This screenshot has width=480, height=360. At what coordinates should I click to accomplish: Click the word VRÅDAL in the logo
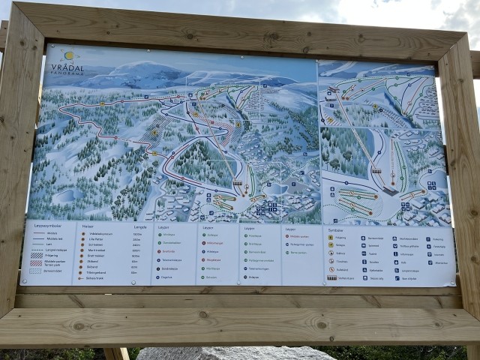click(x=67, y=66)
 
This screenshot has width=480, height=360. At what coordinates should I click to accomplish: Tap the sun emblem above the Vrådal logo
click(x=69, y=55)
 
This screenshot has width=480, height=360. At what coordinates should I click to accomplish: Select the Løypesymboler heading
click(x=46, y=226)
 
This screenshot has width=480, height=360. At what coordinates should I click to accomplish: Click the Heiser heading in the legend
click(x=88, y=226)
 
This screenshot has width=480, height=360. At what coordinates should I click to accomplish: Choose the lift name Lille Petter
click(x=96, y=239)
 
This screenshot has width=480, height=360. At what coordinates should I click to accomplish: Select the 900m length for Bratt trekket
click(x=136, y=256)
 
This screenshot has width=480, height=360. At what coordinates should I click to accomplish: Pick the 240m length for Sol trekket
click(x=136, y=244)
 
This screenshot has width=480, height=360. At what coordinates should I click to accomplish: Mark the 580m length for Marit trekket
click(x=136, y=250)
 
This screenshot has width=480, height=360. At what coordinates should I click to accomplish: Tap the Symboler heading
click(x=335, y=229)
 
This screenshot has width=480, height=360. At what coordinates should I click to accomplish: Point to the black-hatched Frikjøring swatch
click(x=37, y=255)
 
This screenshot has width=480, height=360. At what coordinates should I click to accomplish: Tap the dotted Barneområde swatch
click(x=37, y=271)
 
